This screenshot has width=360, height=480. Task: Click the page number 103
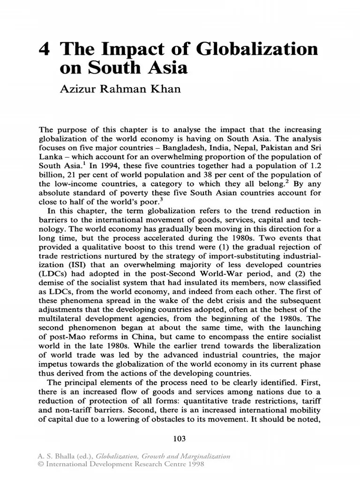(180, 439)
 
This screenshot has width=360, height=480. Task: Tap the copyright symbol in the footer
(41, 464)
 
